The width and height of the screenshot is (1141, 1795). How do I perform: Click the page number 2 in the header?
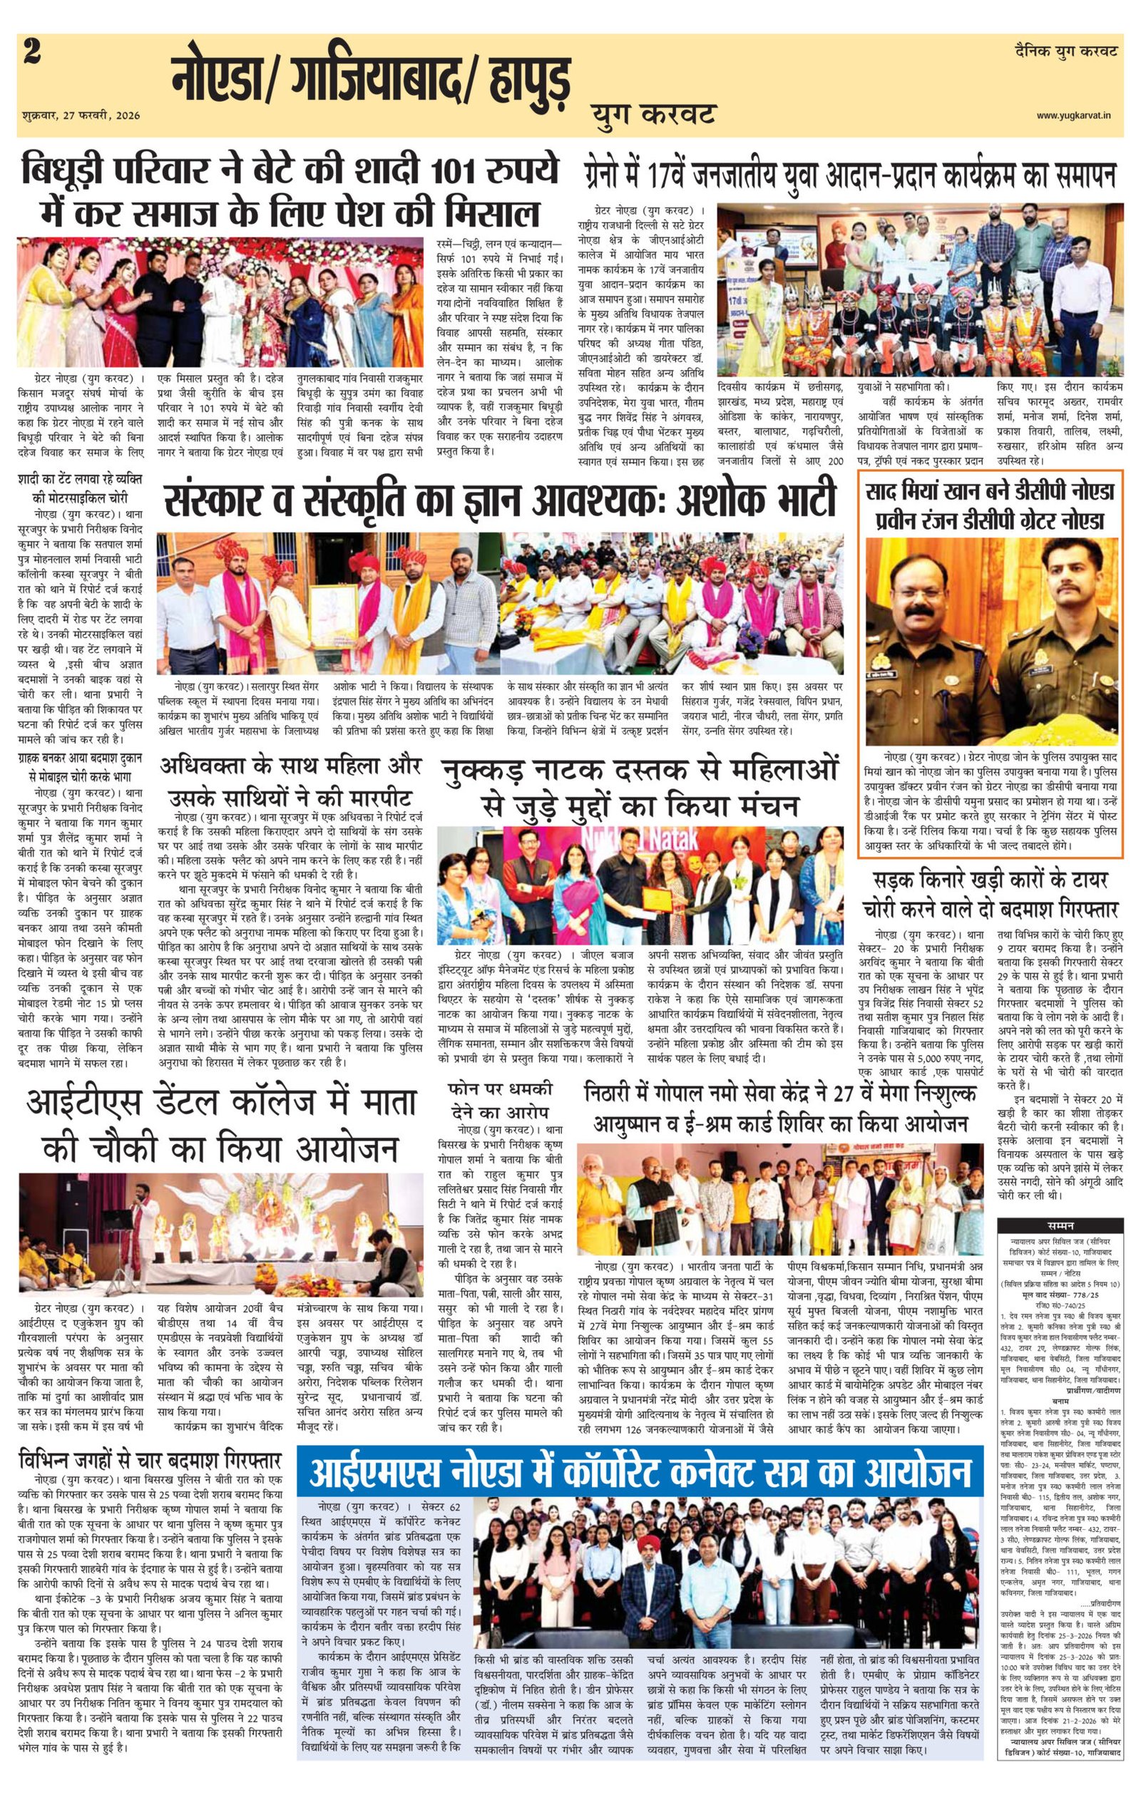(32, 53)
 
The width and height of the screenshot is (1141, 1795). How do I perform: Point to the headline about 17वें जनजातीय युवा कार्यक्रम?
(850, 177)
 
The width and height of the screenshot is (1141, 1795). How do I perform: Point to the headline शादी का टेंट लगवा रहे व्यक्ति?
(81, 488)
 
